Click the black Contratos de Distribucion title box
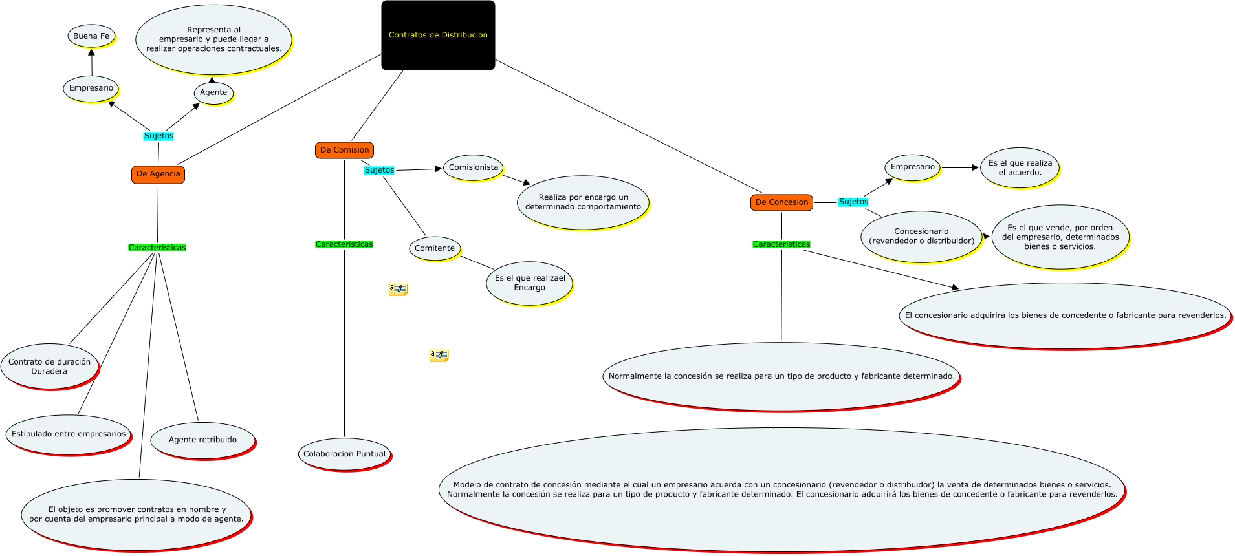pos(438,35)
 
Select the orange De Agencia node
pos(158,174)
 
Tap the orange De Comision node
pos(344,150)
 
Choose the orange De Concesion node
pos(781,202)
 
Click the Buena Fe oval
pos(91,36)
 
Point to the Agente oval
pos(213,92)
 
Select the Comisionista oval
pos(474,167)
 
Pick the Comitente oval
pos(434,248)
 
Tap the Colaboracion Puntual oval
pos(344,454)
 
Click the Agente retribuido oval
pos(202,440)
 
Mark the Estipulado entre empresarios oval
pos(69,434)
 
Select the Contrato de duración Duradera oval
pos(50,367)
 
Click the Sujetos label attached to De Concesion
pos(853,202)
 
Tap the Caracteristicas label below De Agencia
pos(157,248)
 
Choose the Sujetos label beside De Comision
pos(379,170)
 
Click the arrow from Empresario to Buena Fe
pos(91,63)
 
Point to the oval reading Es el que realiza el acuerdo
pos(1020,167)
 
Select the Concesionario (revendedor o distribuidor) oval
pos(921,236)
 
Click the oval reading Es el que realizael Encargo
pos(529,283)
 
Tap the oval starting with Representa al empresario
pos(213,39)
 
